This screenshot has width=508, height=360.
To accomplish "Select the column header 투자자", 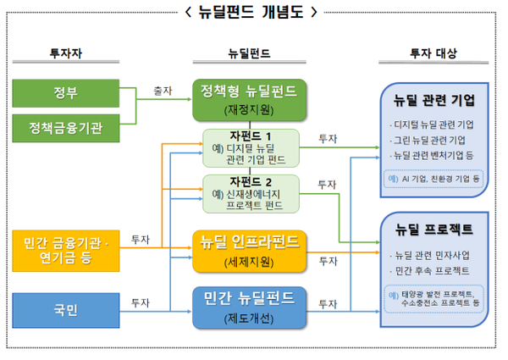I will pos(66,53).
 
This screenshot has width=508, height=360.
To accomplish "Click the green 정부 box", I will pos(66,91).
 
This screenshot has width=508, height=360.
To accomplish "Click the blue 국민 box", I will pos(66,310).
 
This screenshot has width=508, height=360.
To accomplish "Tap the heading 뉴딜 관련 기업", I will pos(433,100).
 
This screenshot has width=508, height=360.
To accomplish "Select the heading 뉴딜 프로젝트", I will pos(433,230).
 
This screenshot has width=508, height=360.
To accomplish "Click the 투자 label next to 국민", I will pos(141,302).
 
